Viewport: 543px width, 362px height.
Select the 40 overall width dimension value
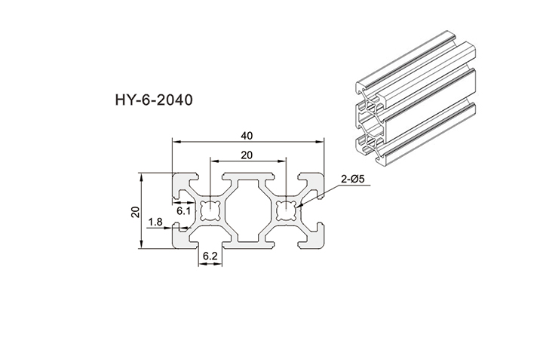246,136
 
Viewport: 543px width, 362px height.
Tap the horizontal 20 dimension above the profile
246,156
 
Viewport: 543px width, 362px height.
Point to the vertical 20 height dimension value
135,211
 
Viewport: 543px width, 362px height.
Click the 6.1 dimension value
183,212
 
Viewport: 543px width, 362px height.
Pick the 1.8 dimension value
156,222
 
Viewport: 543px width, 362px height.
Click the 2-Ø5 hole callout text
354,179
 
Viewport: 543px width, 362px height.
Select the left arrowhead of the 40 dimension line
175,141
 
